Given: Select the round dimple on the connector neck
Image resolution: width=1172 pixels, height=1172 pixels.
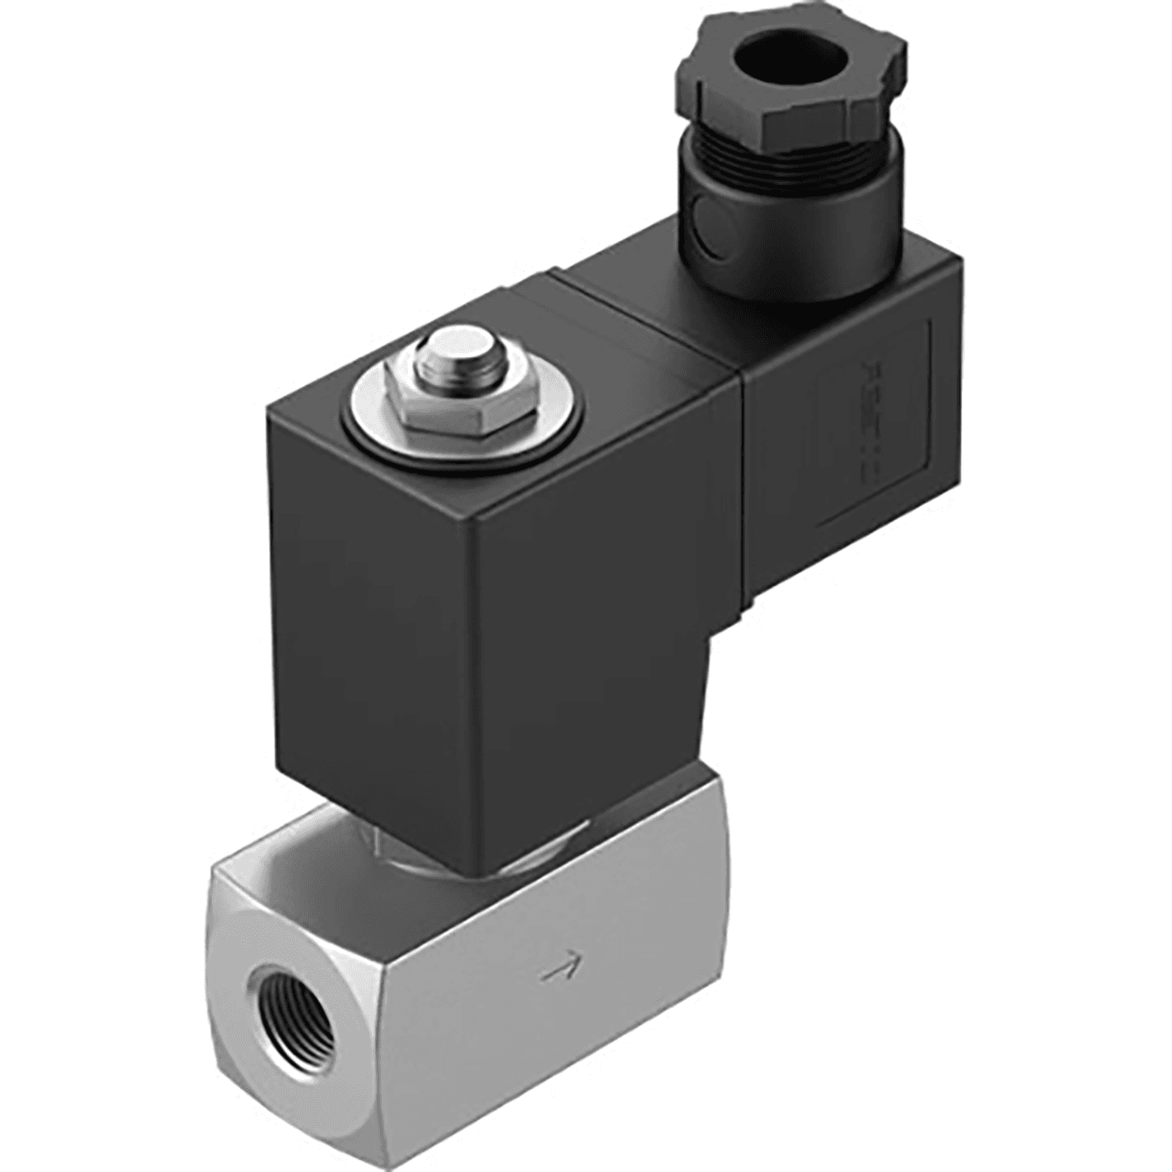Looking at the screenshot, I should coord(705,218).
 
